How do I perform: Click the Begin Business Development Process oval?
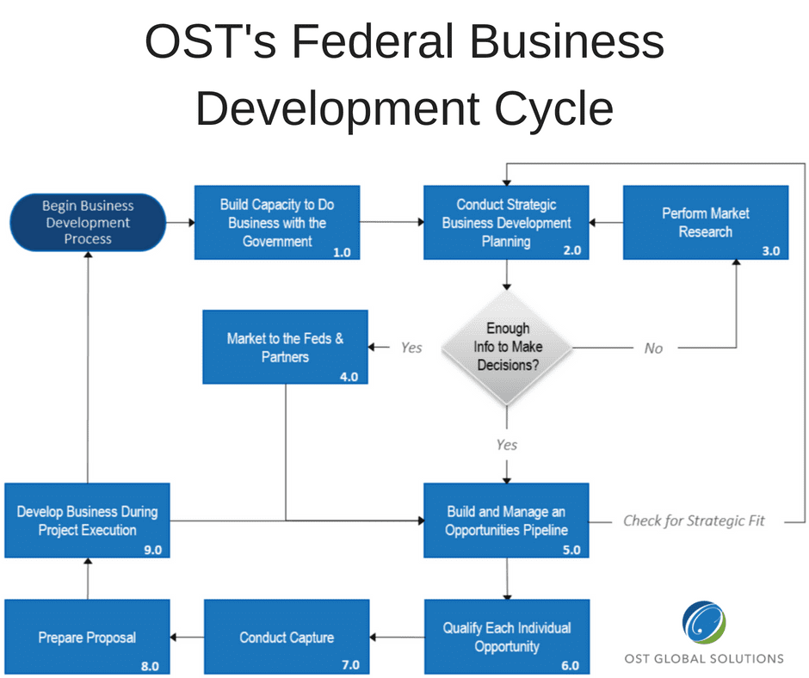(x=88, y=222)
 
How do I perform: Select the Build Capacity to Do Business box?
(x=277, y=222)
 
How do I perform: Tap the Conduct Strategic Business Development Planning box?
(x=506, y=222)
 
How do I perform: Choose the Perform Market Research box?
(x=706, y=222)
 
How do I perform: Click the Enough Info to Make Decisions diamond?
(x=507, y=348)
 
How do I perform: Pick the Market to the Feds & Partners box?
(x=286, y=348)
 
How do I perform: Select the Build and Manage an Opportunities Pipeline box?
(x=506, y=521)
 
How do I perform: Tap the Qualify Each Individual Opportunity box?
(x=507, y=637)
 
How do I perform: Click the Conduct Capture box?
(x=287, y=637)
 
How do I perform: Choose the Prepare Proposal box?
(x=87, y=637)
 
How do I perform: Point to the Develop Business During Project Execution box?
(x=87, y=521)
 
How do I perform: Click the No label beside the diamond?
(x=653, y=348)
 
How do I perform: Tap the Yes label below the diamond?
(x=507, y=445)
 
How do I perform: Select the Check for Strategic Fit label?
(x=694, y=521)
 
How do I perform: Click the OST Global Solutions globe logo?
(x=704, y=622)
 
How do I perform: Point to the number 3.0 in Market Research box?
(x=771, y=250)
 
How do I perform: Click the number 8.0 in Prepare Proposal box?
(x=150, y=666)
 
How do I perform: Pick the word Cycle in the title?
(x=554, y=109)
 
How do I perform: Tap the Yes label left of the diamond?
(x=411, y=348)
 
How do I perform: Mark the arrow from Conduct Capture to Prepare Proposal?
(x=188, y=638)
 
